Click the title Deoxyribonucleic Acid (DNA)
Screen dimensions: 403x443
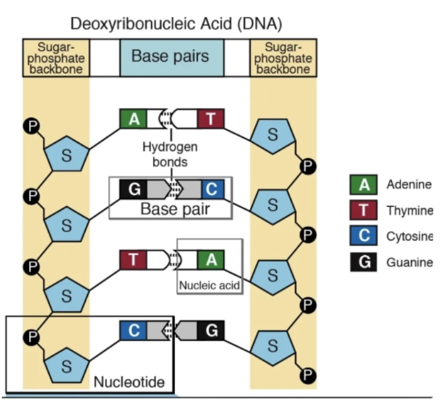click(176, 24)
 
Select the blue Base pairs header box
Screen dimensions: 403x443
click(170, 57)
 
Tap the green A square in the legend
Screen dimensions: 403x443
click(365, 184)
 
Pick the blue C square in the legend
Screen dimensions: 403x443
click(365, 236)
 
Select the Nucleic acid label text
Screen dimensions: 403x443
click(209, 286)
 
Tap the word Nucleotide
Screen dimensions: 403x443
click(129, 382)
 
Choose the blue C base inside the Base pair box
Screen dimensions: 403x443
click(211, 189)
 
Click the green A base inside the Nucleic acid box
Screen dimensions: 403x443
click(211, 259)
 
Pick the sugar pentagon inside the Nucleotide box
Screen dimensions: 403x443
click(67, 365)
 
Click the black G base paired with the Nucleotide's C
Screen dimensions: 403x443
click(211, 331)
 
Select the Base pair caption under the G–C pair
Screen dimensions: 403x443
click(175, 209)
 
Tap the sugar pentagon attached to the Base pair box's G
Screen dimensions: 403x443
click(67, 224)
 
